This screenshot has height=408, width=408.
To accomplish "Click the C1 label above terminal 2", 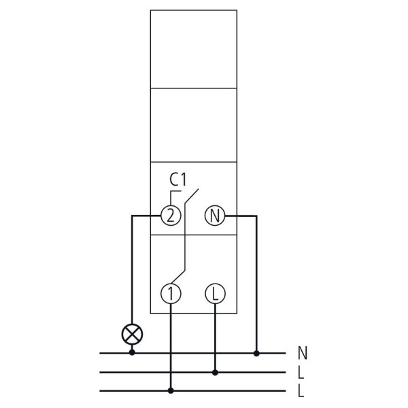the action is click(178, 180).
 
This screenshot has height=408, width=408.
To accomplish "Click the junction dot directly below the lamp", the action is click(132, 352).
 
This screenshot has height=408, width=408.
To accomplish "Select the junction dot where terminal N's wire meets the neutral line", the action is click(256, 353).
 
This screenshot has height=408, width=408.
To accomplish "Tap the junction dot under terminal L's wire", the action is click(215, 373).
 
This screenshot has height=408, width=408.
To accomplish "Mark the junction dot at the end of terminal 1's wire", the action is click(171, 390).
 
